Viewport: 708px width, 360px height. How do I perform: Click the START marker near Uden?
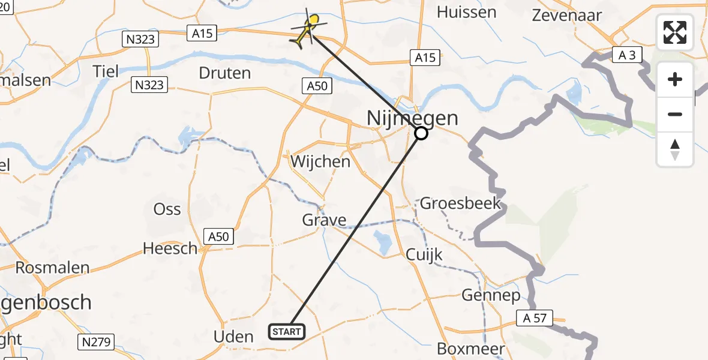(287, 331)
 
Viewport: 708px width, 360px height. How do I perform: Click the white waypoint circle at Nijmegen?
(421, 133)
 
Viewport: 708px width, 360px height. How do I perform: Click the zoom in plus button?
(675, 79)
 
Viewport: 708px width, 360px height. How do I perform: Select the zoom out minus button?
(675, 114)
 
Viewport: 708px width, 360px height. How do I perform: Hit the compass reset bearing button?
(675, 149)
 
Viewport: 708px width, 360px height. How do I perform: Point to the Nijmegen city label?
(412, 118)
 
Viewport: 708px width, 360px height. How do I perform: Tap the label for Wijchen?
(320, 161)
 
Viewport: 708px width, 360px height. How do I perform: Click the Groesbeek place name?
(460, 203)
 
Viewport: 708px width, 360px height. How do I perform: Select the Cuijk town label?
(424, 254)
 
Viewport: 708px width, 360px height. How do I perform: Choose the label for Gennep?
(491, 295)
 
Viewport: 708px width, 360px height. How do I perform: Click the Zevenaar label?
(567, 15)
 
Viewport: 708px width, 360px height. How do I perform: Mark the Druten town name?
(224, 73)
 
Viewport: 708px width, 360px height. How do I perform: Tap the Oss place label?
(167, 209)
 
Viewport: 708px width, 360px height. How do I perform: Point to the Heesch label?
(170, 248)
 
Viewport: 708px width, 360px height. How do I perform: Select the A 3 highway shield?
(628, 56)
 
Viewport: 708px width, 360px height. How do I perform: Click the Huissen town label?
(466, 12)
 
